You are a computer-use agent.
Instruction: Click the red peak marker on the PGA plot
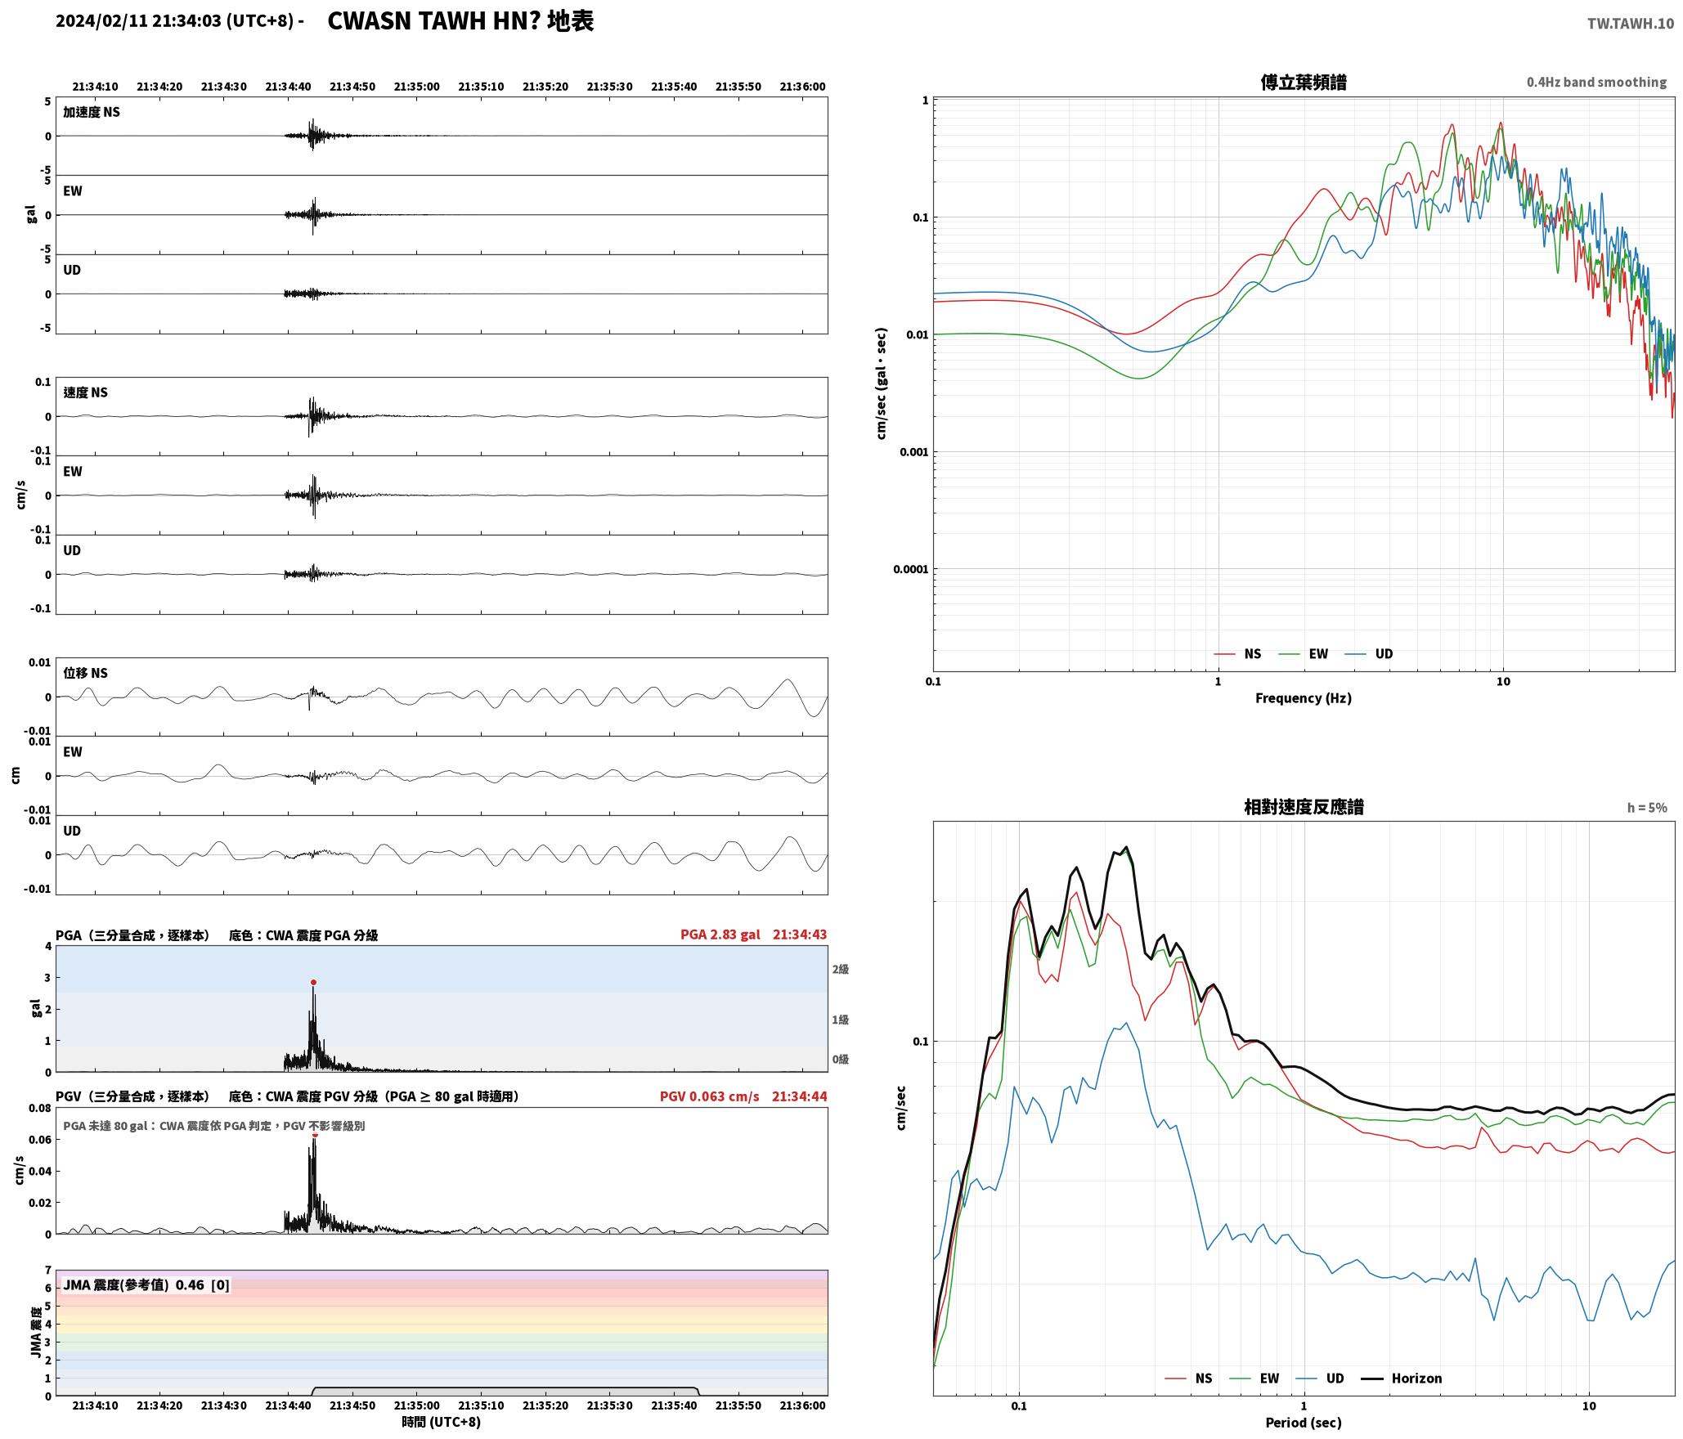[x=313, y=983]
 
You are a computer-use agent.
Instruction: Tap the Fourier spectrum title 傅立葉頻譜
[x=1304, y=83]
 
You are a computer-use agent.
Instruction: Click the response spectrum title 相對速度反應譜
[x=1304, y=807]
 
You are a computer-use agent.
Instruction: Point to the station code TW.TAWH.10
[x=1631, y=24]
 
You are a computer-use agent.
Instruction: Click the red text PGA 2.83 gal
[x=720, y=935]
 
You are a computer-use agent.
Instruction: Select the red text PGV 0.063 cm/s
[x=709, y=1096]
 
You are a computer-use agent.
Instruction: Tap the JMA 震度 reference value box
[x=146, y=1285]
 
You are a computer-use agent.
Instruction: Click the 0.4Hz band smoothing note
[x=1596, y=83]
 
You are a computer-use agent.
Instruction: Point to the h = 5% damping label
[x=1646, y=808]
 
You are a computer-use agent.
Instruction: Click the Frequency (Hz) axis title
[x=1304, y=698]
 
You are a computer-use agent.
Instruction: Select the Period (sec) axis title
[x=1304, y=1423]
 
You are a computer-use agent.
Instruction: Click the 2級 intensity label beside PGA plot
[x=841, y=969]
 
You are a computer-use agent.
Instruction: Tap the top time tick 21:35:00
[x=417, y=87]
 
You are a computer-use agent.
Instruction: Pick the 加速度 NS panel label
[x=92, y=112]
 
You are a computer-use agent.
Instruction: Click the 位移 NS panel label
[x=85, y=673]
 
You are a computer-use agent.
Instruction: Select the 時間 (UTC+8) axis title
[x=441, y=1422]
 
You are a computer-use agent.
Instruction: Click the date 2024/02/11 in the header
[x=101, y=21]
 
